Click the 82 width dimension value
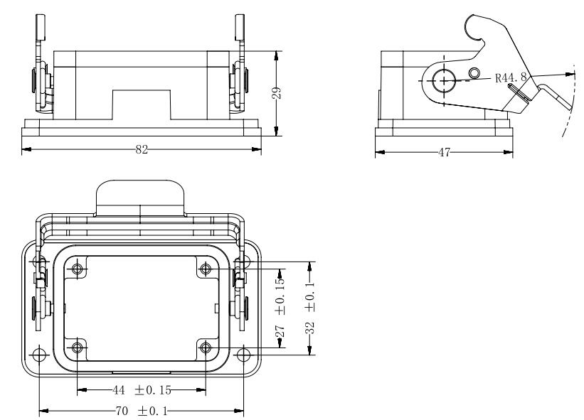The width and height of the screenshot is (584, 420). tap(142, 149)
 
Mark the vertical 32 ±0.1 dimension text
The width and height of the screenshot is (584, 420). tap(309, 308)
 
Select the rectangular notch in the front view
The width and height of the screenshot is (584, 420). tap(142, 105)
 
